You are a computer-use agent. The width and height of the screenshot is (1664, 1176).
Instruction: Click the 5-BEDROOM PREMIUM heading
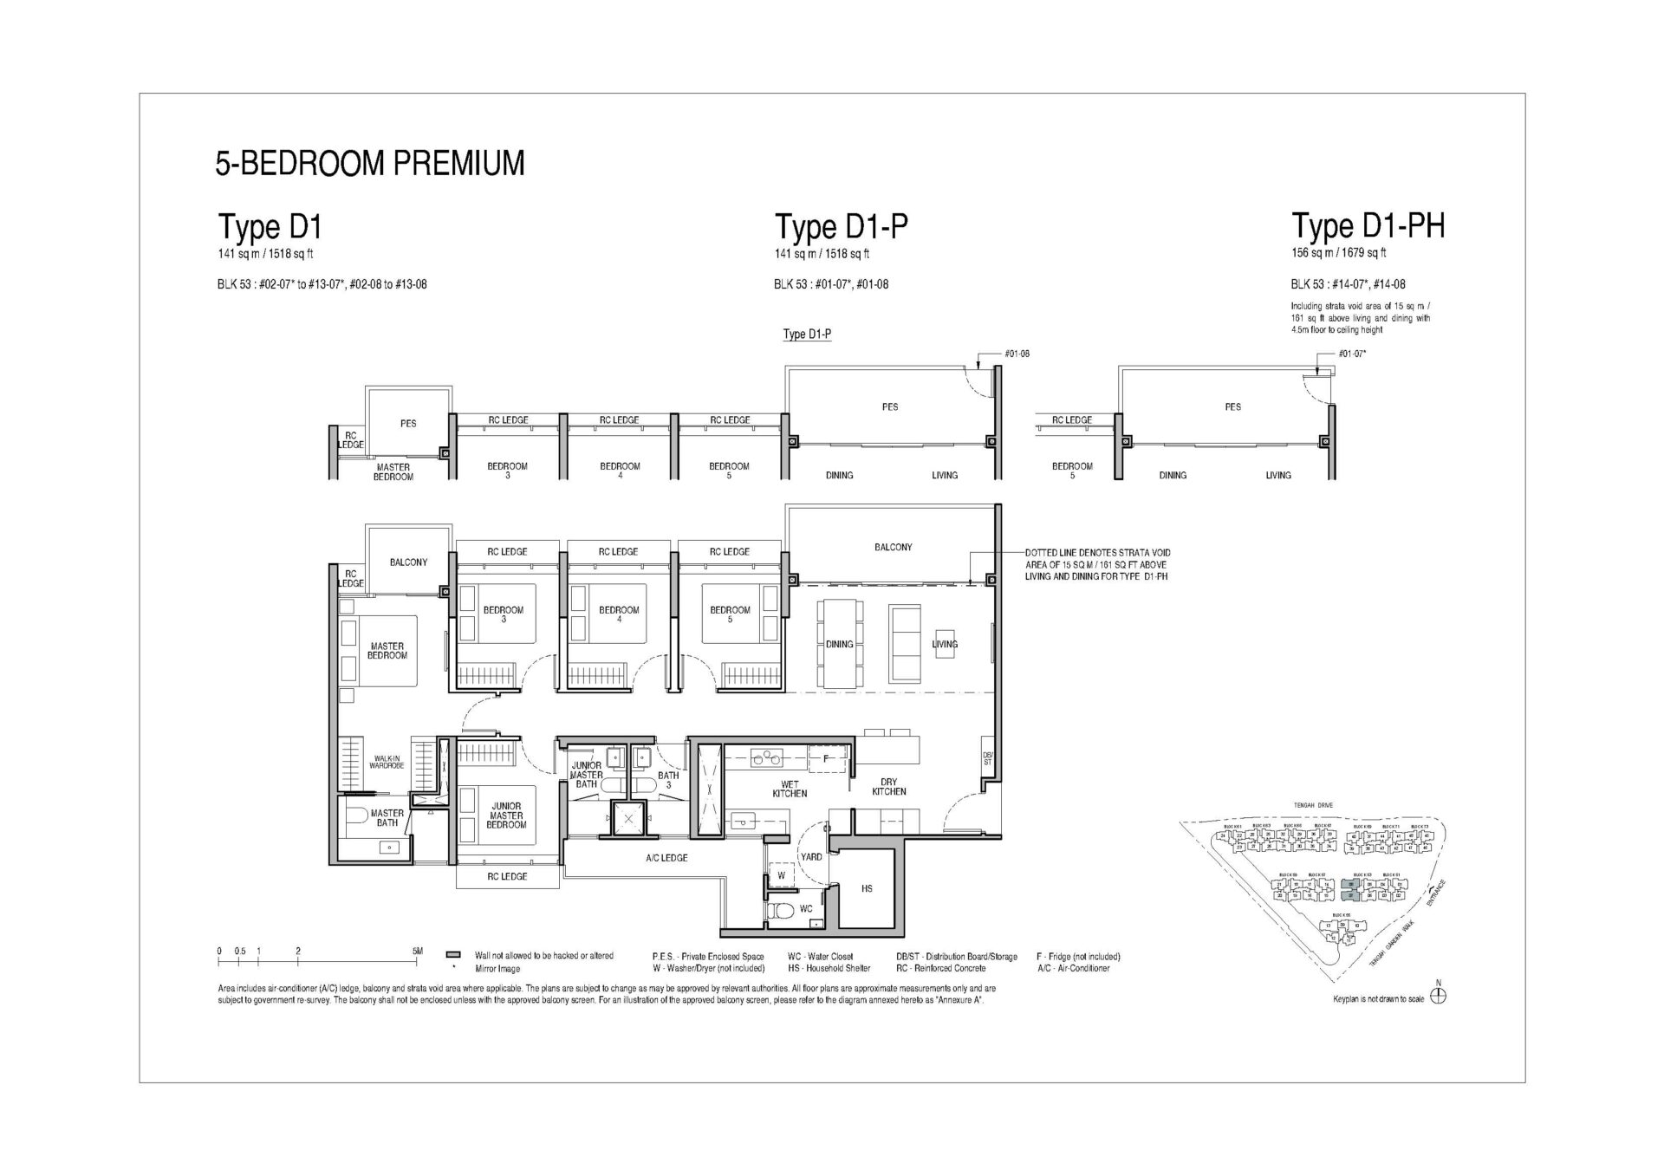click(370, 164)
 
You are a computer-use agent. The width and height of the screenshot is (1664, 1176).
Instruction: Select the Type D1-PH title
click(1368, 226)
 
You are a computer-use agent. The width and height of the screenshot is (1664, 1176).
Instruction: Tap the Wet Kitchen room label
click(789, 789)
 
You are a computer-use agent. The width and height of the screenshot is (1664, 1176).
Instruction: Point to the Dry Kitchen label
click(888, 787)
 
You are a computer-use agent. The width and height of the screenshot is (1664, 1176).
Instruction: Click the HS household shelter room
click(867, 889)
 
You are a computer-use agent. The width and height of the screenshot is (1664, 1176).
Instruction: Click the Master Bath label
click(387, 818)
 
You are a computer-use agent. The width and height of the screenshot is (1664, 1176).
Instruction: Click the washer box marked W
click(781, 875)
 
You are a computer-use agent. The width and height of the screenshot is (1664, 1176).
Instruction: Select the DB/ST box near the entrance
click(987, 759)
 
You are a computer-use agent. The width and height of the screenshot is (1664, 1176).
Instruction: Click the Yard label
click(811, 857)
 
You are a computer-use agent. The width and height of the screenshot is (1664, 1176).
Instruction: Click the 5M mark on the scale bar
click(418, 952)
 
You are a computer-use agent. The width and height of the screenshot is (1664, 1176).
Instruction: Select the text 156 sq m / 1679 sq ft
click(1338, 253)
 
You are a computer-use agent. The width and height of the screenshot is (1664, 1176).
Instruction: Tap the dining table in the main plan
click(841, 644)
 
